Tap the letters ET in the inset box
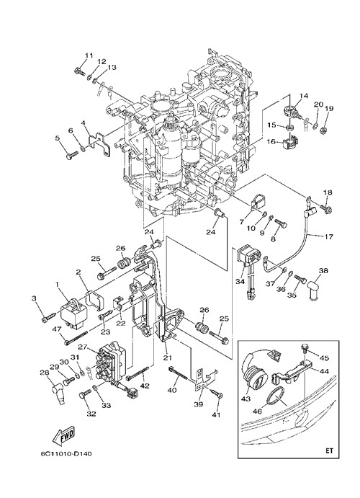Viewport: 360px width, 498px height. [330, 450]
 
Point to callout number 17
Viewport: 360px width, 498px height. [329, 236]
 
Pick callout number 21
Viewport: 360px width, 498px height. [168, 358]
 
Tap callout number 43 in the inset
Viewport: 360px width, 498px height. [246, 399]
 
